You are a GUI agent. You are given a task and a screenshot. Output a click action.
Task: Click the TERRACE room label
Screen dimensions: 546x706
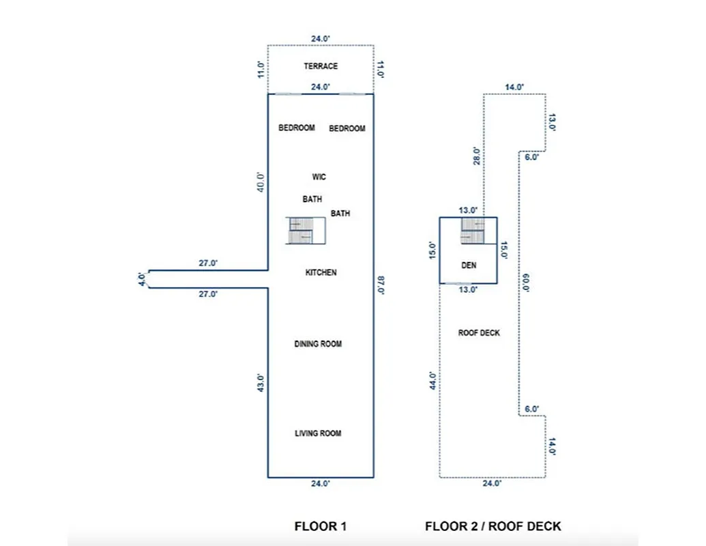[321, 66]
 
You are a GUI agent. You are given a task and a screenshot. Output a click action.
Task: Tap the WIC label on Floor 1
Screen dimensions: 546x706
[319, 177]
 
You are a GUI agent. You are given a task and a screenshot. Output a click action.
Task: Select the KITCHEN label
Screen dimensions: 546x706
[321, 272]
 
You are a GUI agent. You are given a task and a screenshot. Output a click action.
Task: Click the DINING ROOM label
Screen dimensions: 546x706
[318, 344]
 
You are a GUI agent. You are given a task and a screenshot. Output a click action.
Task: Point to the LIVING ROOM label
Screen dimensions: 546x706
[318, 433]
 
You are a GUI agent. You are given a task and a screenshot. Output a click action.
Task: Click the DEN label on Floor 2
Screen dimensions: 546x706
[469, 265]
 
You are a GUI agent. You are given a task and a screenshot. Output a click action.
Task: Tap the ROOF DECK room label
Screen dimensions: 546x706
[479, 333]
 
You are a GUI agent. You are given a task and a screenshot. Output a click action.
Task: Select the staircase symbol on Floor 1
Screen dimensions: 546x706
[300, 231]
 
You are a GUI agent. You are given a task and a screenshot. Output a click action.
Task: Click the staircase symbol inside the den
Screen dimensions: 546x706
[472, 231]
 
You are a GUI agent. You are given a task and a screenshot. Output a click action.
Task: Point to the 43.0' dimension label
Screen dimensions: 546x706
[260, 382]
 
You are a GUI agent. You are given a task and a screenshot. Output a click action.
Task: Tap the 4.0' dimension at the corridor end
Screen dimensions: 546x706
[141, 278]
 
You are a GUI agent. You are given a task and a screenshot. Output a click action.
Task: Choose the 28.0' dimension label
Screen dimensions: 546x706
[476, 156]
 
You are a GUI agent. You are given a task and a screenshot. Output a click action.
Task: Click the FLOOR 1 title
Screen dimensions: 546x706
[321, 526]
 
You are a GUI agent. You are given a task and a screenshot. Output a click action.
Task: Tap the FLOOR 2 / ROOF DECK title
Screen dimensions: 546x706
[493, 526]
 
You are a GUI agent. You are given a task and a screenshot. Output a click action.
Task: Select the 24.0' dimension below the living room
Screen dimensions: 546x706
[321, 483]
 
